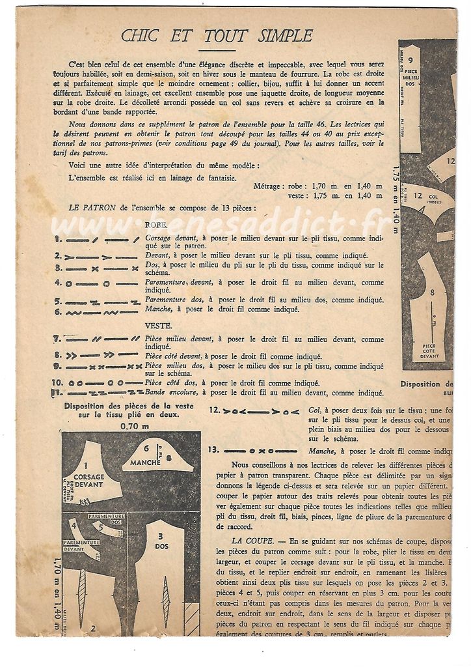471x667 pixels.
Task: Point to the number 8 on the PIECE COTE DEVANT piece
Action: pyautogui.click(x=431, y=293)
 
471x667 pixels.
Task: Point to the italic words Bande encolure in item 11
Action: pyautogui.click(x=171, y=393)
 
